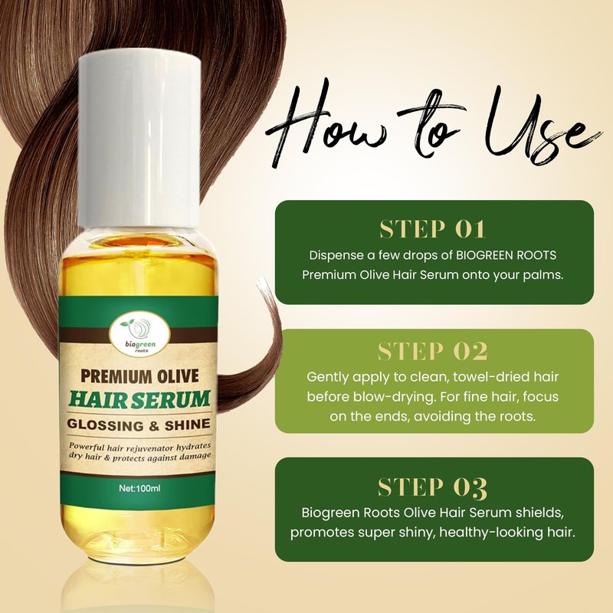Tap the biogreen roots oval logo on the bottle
tap(141, 335)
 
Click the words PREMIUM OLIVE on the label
tap(139, 376)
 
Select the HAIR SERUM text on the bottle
tap(139, 399)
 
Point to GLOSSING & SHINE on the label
tap(139, 425)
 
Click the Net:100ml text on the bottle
tap(139, 488)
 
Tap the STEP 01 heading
tap(433, 229)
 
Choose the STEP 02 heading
tap(433, 351)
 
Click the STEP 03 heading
tap(433, 487)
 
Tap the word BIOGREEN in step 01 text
tap(485, 255)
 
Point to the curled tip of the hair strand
tap(261, 282)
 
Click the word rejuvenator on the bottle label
tap(140, 447)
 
